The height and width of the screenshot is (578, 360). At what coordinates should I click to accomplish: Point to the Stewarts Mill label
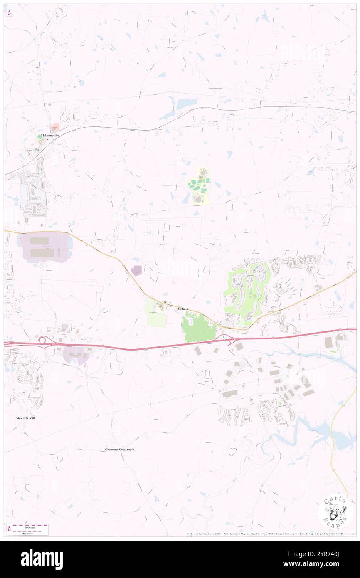point(26,418)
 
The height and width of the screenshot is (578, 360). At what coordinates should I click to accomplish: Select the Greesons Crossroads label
point(120,450)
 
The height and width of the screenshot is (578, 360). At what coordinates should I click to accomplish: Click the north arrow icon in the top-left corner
point(9,12)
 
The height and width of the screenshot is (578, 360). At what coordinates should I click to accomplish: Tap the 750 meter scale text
point(28,533)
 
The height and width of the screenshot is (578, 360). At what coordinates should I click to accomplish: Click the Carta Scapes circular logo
point(335,512)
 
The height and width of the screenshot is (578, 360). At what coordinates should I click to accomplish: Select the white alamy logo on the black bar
point(42,559)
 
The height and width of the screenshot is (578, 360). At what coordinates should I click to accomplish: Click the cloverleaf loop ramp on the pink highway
point(42,340)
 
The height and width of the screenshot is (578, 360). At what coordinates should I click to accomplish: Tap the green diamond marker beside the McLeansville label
point(40,136)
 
